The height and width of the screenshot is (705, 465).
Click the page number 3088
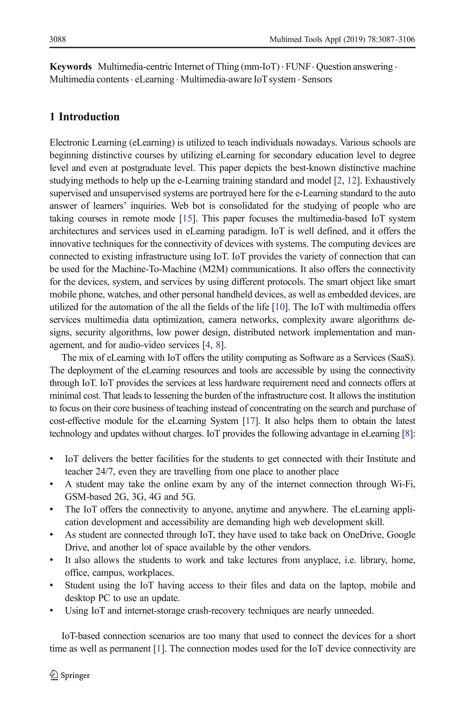57,39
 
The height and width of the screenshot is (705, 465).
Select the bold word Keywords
71,67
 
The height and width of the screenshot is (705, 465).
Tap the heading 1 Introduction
84,117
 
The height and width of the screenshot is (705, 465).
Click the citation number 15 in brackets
187,218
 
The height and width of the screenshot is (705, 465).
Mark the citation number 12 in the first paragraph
352,181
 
